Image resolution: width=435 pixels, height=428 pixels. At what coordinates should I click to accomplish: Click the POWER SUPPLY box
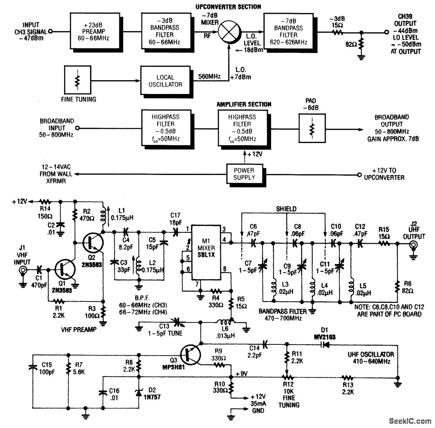(x=244, y=174)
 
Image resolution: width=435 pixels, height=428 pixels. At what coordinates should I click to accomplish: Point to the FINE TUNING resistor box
(x=78, y=80)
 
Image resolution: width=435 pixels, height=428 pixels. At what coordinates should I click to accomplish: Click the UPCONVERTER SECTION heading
(x=228, y=7)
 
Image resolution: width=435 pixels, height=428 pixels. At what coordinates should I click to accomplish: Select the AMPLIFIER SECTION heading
(x=244, y=104)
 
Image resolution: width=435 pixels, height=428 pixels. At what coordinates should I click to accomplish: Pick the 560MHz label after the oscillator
(x=209, y=77)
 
